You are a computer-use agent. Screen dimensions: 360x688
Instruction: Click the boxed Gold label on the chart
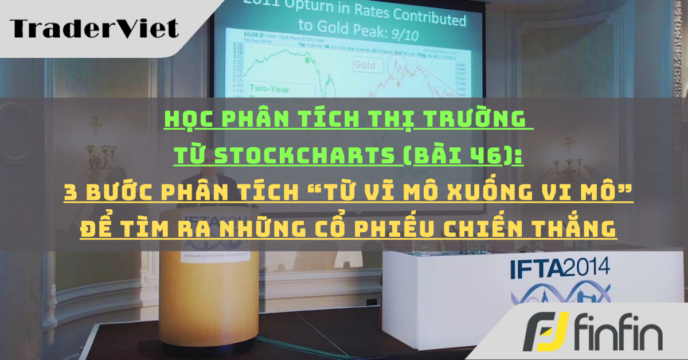(x=364, y=65)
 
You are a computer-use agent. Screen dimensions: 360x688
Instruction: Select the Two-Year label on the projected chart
(x=271, y=89)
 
